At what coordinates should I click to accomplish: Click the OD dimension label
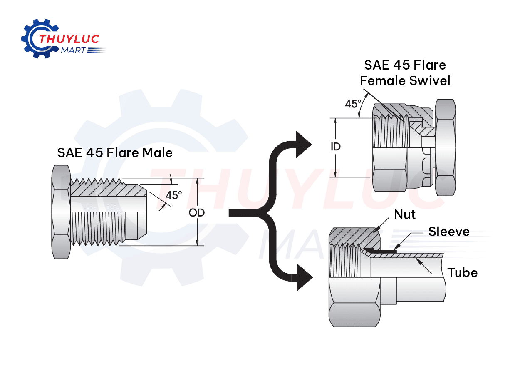(197, 213)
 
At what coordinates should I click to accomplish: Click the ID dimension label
(335, 147)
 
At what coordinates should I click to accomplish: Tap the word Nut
(405, 214)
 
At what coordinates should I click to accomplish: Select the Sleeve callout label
(449, 232)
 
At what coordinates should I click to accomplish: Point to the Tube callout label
(463, 273)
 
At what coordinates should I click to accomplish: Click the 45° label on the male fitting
(174, 195)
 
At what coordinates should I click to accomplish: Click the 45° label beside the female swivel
(353, 104)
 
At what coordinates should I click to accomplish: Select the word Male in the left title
(157, 153)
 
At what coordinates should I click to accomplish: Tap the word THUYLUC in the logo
(69, 40)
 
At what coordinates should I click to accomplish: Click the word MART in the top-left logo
(73, 50)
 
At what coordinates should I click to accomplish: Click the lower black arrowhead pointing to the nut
(305, 277)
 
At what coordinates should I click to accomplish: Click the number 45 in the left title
(95, 153)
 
